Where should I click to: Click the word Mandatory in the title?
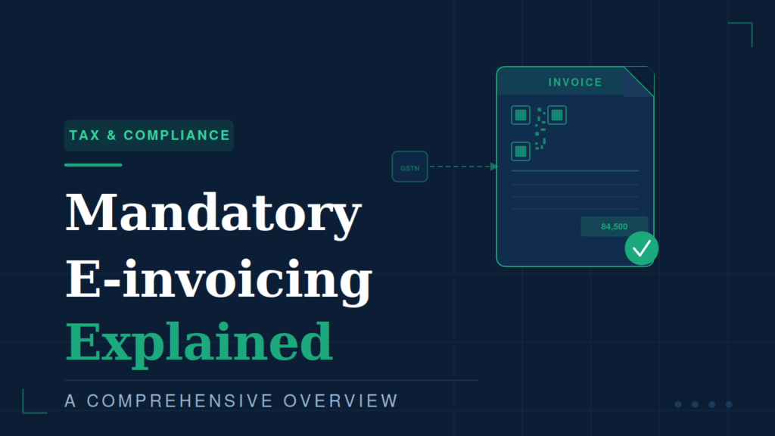[x=213, y=213]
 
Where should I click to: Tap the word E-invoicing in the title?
[x=219, y=279]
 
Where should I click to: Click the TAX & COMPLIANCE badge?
[x=149, y=135]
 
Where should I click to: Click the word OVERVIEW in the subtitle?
[x=341, y=401]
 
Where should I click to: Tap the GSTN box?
[x=409, y=167]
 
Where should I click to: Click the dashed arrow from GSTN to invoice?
[x=464, y=167]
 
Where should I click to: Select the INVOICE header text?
[x=575, y=82]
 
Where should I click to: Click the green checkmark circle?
[x=642, y=248]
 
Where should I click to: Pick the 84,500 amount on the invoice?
[x=615, y=226]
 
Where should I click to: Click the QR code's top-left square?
[x=521, y=115]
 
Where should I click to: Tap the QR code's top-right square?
[x=557, y=115]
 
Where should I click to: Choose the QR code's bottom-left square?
[x=521, y=151]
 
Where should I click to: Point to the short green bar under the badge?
[x=93, y=165]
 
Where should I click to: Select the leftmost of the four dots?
[x=678, y=404]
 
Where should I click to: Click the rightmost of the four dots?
[x=729, y=404]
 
